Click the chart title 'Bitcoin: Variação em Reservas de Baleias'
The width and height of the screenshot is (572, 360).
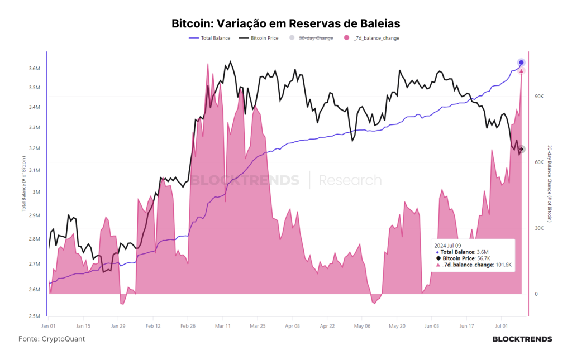pos(285,23)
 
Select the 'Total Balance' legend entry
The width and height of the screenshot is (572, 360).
pos(209,38)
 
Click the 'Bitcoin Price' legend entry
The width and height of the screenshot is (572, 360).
pos(258,38)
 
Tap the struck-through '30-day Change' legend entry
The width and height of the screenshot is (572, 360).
pos(311,38)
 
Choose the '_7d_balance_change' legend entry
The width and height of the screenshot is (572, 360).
pos(371,38)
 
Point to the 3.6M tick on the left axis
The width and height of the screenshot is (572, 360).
pos(34,69)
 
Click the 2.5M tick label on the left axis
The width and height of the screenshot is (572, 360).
pos(34,316)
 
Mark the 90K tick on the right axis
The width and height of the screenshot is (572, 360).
pos(539,96)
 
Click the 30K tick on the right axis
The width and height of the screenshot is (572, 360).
pos(539,228)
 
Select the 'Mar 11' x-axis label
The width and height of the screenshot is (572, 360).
pos(222,326)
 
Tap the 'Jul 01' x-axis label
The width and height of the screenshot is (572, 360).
pos(501,326)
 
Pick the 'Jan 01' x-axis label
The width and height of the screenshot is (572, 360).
pos(49,326)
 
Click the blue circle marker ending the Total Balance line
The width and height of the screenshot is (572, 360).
pos(521,63)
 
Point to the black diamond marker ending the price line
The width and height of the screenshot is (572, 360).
pos(522,149)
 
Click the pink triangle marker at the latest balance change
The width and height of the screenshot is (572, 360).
pos(521,71)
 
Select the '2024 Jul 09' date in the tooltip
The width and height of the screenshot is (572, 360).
pos(447,246)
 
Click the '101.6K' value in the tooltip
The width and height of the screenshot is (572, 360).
pos(503,265)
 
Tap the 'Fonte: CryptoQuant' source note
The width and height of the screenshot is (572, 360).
pos(51,339)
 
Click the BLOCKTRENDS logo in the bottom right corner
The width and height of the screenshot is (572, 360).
pos(522,339)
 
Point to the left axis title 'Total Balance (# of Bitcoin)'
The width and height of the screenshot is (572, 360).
pos(23,184)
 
